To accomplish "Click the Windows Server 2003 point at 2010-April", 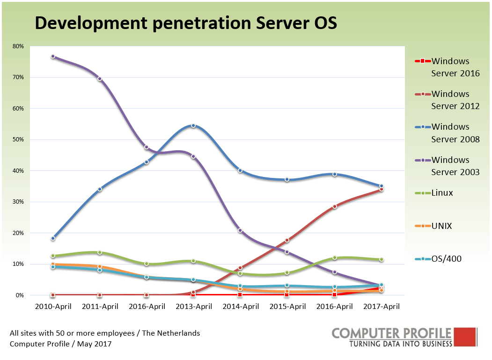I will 53,57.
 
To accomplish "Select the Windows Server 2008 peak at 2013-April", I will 193,125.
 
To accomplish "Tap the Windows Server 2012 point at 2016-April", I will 334,206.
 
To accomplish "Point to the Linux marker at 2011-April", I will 100,252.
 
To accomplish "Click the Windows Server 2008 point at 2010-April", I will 53,238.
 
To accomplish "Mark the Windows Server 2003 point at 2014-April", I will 240,230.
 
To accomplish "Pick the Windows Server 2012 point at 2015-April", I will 287,240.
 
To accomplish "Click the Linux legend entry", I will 442,193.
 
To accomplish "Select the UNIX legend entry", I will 442,226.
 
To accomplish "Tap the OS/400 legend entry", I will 446,258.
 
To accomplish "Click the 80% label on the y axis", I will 18,46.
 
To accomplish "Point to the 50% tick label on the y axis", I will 18,140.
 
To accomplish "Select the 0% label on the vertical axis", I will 20,295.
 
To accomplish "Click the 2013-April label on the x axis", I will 193,307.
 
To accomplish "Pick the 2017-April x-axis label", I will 381,307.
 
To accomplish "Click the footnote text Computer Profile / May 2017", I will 60,344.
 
